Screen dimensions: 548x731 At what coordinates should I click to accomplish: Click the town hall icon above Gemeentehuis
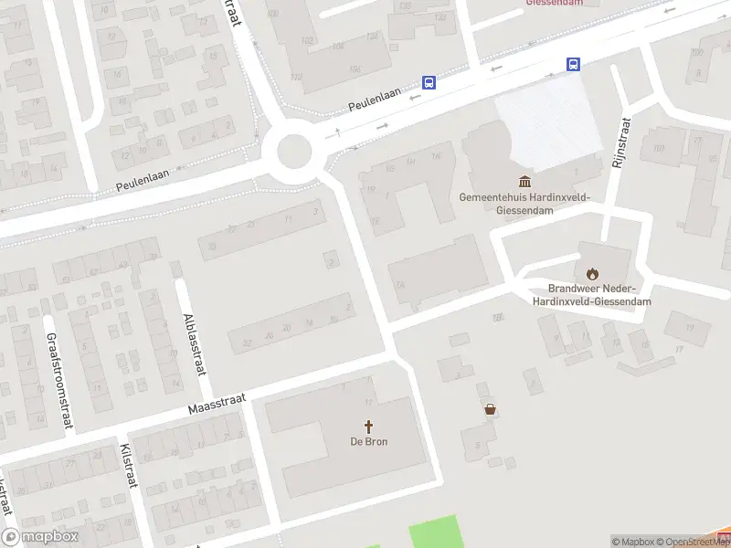[525, 181]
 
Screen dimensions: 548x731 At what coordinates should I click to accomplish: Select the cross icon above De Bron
[369, 427]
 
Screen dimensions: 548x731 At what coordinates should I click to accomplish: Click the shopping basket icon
[491, 409]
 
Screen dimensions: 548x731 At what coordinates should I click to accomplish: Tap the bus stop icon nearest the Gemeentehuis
[573, 64]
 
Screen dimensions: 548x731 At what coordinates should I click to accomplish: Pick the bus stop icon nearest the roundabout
[429, 82]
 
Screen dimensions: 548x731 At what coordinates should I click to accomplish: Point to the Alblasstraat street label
[193, 342]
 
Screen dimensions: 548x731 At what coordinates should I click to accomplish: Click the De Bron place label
[369, 443]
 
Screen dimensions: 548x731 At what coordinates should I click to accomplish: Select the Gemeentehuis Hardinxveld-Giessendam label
[525, 203]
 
